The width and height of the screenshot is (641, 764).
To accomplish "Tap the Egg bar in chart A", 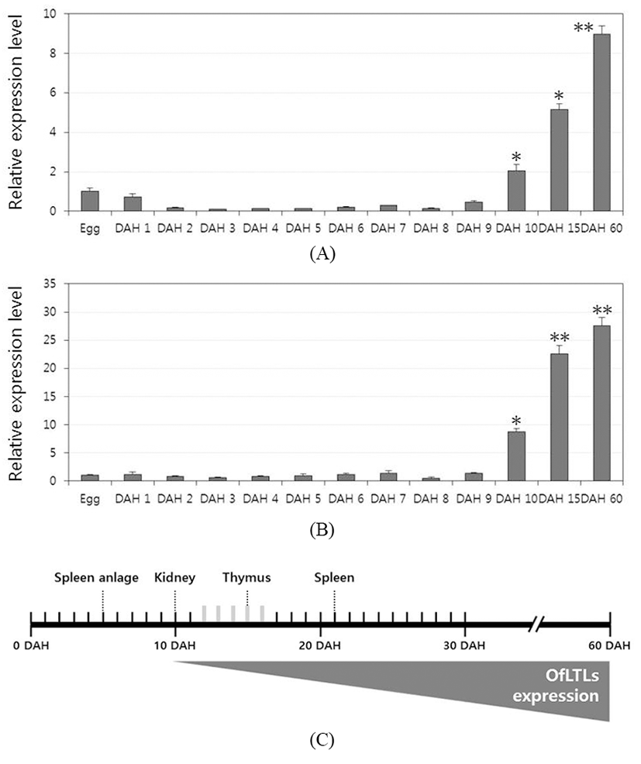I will [x=90, y=201].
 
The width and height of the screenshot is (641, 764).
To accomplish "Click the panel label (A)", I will [x=322, y=253].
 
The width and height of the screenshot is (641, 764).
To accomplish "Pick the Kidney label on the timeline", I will [x=175, y=577].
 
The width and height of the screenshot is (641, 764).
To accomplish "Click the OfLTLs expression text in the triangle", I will [x=569, y=687].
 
